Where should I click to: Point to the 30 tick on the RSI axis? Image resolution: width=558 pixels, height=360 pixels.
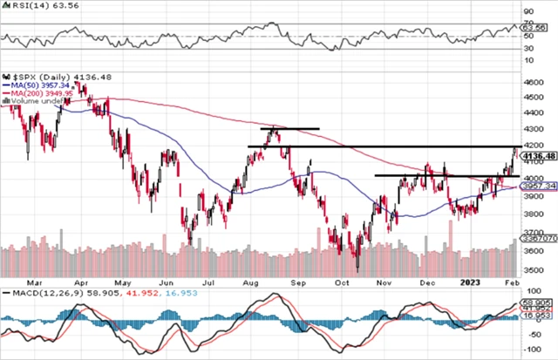click(x=529, y=48)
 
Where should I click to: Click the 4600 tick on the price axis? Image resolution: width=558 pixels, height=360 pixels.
click(x=533, y=82)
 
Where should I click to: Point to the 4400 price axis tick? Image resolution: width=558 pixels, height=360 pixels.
click(x=533, y=114)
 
